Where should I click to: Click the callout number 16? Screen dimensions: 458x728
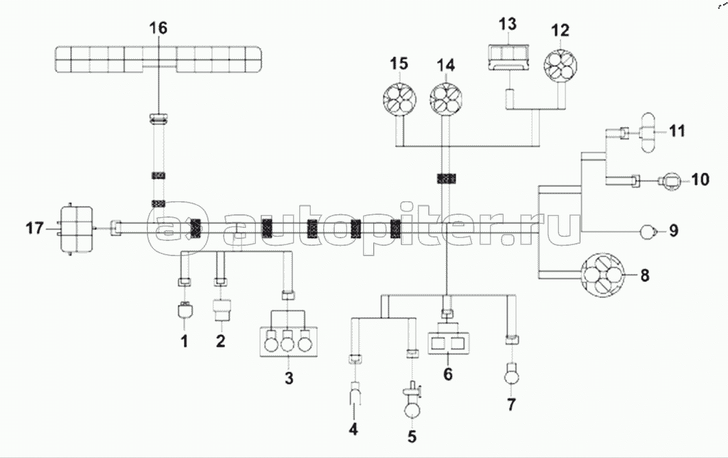[158, 28]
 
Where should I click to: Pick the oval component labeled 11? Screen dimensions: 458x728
[646, 130]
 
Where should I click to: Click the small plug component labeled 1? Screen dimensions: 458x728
[184, 312]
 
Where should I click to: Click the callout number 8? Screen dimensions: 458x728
[644, 276]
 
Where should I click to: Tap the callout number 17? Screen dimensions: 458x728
[34, 227]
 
